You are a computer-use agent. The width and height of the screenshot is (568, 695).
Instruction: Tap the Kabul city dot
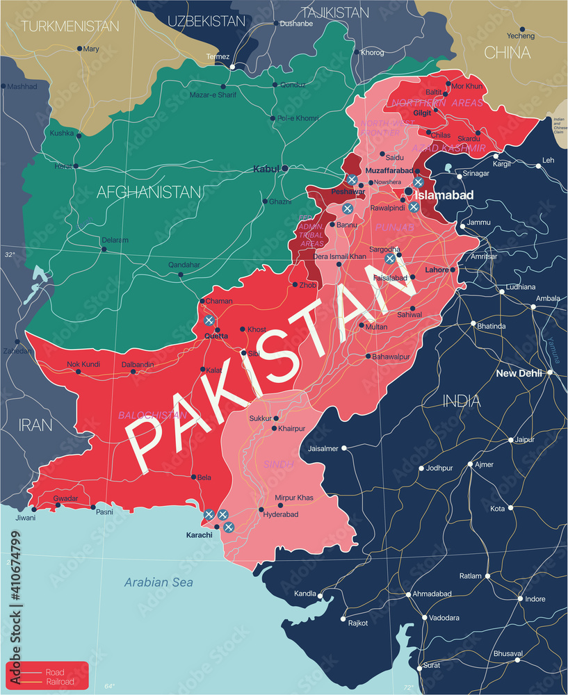[x=285, y=168]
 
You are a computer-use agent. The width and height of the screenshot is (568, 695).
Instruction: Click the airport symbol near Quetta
[x=209, y=320]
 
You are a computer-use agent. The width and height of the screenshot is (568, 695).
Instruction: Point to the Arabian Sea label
[x=159, y=582]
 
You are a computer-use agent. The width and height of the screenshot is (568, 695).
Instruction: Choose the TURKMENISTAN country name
[x=70, y=26]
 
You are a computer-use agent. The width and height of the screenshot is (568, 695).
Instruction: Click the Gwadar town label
[x=66, y=498]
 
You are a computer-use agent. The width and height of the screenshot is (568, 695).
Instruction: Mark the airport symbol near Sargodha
[x=390, y=259]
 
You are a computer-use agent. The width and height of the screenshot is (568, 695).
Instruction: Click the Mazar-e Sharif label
[x=213, y=95]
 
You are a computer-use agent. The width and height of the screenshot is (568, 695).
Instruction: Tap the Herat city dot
[x=76, y=166]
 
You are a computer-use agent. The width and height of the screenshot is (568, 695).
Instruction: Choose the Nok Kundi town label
[x=83, y=364]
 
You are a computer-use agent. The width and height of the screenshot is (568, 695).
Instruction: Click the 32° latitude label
[x=10, y=255]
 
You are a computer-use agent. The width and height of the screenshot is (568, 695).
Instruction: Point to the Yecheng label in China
[x=521, y=35]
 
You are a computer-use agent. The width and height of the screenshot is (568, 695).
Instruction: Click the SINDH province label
[x=278, y=464]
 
